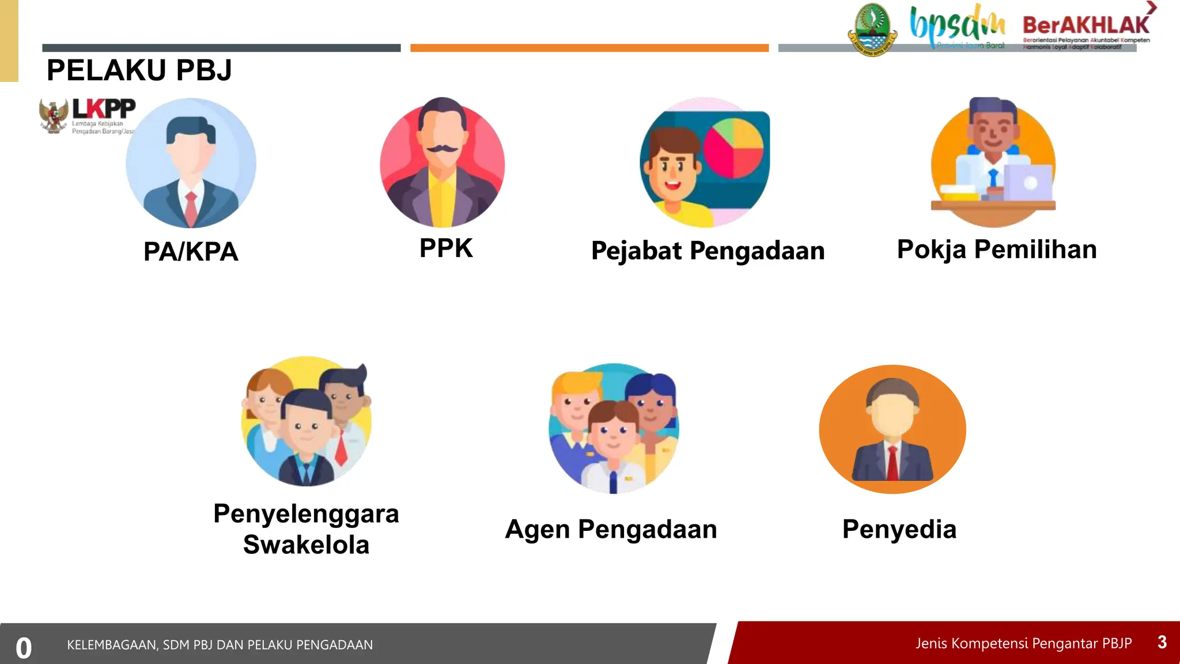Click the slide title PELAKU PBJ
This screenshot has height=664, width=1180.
click(139, 70)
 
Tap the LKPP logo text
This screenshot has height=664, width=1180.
click(104, 108)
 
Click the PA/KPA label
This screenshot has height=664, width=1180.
click(191, 252)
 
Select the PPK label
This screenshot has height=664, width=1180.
click(446, 248)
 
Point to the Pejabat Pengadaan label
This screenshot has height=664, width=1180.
click(708, 251)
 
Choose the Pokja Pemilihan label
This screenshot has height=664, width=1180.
click(997, 250)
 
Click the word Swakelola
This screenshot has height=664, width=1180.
click(306, 545)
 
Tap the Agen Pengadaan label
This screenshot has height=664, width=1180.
click(611, 529)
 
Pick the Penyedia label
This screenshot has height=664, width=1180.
click(899, 529)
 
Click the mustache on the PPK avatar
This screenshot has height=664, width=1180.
click(442, 149)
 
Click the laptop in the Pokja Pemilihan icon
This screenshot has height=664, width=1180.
click(1028, 183)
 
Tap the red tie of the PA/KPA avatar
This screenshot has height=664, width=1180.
click(191, 208)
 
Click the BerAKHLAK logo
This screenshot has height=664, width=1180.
click(1086, 26)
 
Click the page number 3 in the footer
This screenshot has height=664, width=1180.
click(1162, 642)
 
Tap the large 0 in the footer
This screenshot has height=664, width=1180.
click(24, 648)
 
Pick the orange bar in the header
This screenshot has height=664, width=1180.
click(589, 48)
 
